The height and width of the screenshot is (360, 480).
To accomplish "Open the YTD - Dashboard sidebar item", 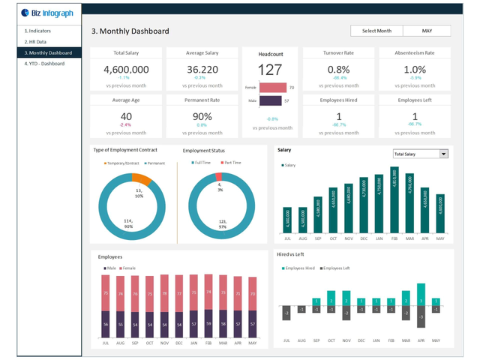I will pyautogui.click(x=44, y=64).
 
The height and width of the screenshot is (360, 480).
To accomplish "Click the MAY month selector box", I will pyautogui.click(x=427, y=31).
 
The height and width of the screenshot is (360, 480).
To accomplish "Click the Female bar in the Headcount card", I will pyautogui.click(x=273, y=88).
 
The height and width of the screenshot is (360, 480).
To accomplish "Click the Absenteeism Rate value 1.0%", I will pyautogui.click(x=415, y=69).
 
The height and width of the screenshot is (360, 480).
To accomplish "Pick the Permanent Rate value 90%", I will pyautogui.click(x=201, y=116).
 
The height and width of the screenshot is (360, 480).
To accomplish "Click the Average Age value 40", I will pyautogui.click(x=125, y=116).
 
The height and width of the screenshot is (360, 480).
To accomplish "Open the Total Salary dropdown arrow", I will pyautogui.click(x=443, y=154).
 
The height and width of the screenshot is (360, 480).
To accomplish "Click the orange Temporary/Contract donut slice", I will pyautogui.click(x=141, y=178).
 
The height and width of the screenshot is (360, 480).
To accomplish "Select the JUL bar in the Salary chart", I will pyautogui.click(x=286, y=218).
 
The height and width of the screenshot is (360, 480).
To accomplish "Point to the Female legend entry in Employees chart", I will pyautogui.click(x=127, y=266).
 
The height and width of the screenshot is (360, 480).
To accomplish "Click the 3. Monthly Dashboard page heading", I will pyautogui.click(x=130, y=31).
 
